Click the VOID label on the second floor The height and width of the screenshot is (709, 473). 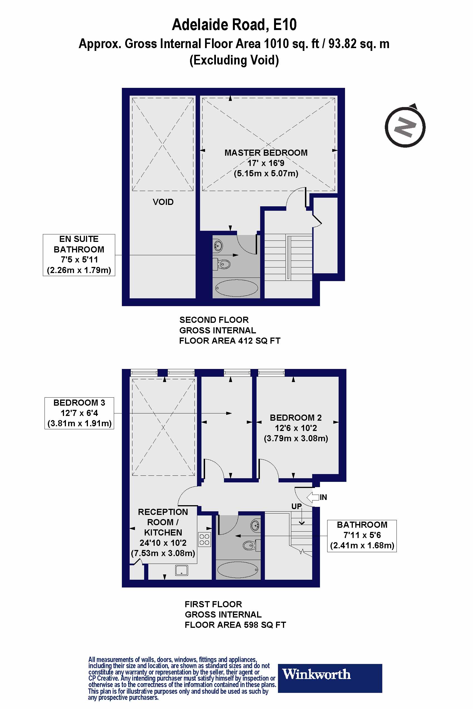click(163, 202)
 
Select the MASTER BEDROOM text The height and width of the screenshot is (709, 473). click(266, 153)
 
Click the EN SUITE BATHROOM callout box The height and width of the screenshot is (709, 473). click(79, 255)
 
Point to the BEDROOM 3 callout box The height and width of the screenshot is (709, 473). click(79, 413)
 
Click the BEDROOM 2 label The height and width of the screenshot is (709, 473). click(295, 418)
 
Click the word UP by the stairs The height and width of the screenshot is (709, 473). click(296, 506)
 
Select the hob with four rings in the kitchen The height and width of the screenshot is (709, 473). click(204, 539)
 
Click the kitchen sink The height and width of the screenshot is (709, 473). click(182, 570)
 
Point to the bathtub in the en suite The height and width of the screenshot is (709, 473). click(237, 288)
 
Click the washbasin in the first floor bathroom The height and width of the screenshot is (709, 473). click(255, 525)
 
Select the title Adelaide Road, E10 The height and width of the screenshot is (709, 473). click(234, 25)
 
